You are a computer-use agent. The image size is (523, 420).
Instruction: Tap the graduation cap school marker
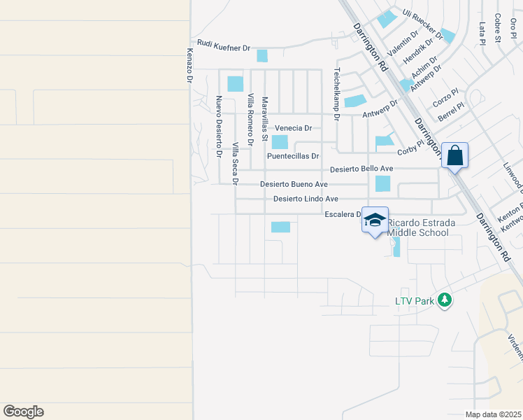coord(375,220)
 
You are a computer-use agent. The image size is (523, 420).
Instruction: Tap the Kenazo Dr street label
coord(189,66)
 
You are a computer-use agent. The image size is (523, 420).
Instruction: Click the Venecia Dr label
coord(294,128)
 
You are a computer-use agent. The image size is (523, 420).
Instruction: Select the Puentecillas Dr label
coord(293,157)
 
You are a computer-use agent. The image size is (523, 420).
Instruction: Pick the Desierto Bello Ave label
coord(361,169)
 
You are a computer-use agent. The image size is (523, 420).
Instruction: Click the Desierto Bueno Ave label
coord(294,184)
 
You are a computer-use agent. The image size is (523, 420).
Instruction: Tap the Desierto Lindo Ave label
coord(306,199)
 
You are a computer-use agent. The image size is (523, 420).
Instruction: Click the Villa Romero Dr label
coord(250,118)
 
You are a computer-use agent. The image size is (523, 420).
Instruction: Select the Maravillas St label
coord(265,118)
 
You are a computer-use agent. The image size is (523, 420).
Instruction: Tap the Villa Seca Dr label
coord(236,163)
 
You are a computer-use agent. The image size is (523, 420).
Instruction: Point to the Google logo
coord(23,412)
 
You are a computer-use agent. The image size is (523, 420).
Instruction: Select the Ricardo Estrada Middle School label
coord(421,227)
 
